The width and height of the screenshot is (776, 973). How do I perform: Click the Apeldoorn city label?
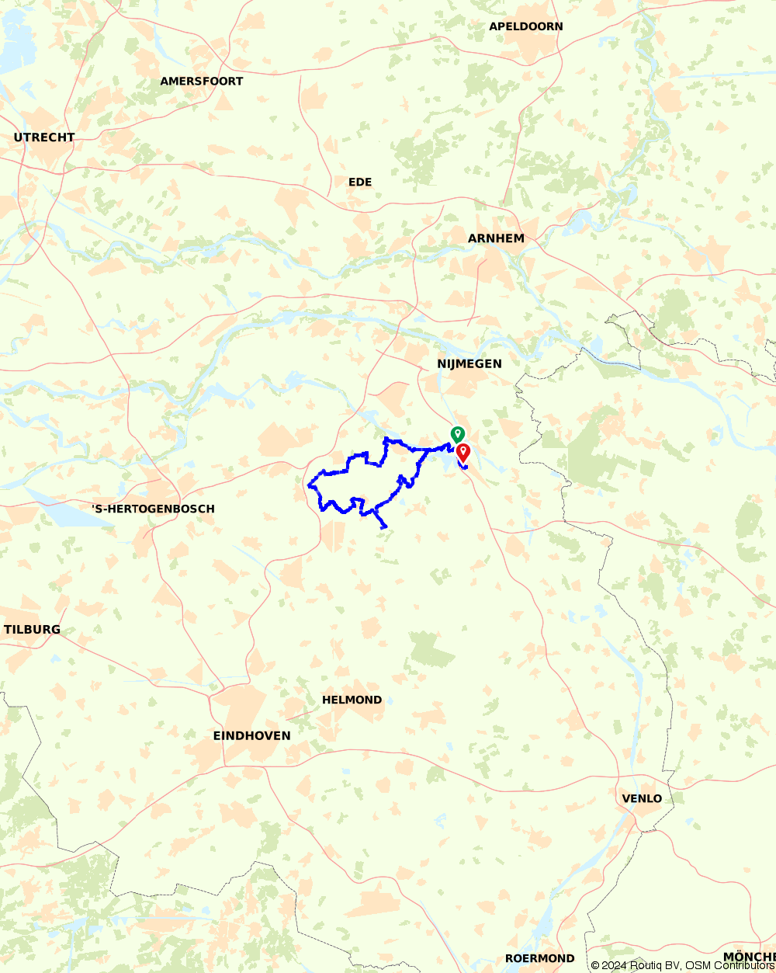click(x=526, y=26)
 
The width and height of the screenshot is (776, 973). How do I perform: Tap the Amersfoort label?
click(x=202, y=81)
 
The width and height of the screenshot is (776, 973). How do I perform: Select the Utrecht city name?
click(x=44, y=137)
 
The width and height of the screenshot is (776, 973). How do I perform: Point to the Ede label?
click(x=360, y=182)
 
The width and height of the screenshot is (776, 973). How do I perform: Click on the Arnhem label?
click(x=497, y=238)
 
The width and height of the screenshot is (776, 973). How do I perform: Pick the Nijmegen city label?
click(x=469, y=363)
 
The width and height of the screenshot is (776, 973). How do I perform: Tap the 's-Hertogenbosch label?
click(x=153, y=509)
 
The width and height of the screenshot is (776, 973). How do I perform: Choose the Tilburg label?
click(x=32, y=629)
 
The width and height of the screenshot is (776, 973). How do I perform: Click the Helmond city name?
click(x=352, y=700)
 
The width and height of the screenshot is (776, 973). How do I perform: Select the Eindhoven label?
click(x=252, y=735)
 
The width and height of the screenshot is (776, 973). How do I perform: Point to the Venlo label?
click(x=642, y=798)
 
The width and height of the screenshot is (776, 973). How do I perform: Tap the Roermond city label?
click(x=540, y=958)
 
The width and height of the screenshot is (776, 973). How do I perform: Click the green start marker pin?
click(x=458, y=433)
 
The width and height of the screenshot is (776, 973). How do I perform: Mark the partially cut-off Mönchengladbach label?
click(x=749, y=956)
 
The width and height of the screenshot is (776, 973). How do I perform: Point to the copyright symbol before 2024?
click(x=595, y=965)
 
